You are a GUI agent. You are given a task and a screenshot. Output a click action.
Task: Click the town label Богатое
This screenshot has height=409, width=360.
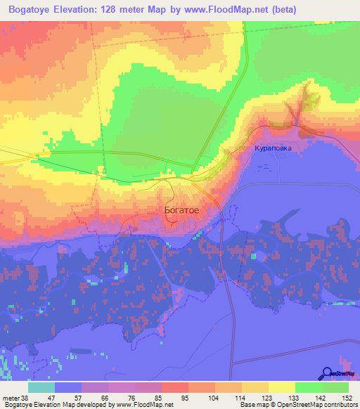(181, 209)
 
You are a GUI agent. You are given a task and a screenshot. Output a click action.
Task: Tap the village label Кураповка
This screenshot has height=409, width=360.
(272, 149)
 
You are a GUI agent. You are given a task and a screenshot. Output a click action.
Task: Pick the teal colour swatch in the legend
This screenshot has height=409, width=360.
(41, 387)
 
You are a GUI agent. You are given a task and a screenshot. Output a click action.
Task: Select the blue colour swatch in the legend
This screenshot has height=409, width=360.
(68, 387)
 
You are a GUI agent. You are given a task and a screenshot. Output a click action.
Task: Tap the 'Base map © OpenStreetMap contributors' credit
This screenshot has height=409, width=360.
(298, 405)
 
